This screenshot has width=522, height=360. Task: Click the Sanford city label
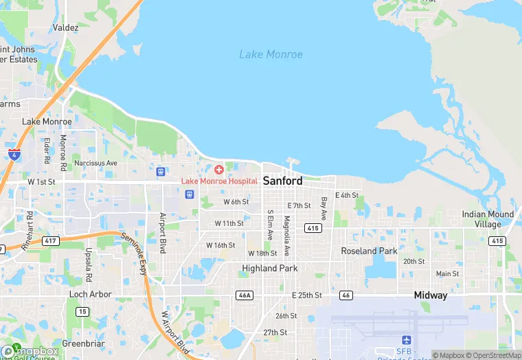click(x=282, y=181)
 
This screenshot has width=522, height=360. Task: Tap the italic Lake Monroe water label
click(x=271, y=54)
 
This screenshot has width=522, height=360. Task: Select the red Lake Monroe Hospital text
click(x=219, y=181)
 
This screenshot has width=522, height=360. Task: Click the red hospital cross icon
click(x=219, y=169)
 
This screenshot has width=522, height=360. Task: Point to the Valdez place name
click(x=65, y=28)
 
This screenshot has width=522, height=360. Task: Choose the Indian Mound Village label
click(x=487, y=219)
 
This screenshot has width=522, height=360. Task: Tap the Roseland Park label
click(x=369, y=251)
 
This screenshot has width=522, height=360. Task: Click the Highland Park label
click(x=269, y=268)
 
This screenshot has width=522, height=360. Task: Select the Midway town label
click(x=430, y=295)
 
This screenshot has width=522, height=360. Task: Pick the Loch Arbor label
click(x=91, y=294)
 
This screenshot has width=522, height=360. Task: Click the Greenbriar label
click(x=83, y=343)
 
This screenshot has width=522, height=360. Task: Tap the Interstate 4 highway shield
click(x=14, y=154)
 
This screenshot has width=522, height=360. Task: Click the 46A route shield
click(x=244, y=295)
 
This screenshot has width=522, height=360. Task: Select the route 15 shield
click(x=82, y=311)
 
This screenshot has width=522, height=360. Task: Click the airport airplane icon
click(x=405, y=341)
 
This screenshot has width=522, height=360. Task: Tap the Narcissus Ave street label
click(x=95, y=163)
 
